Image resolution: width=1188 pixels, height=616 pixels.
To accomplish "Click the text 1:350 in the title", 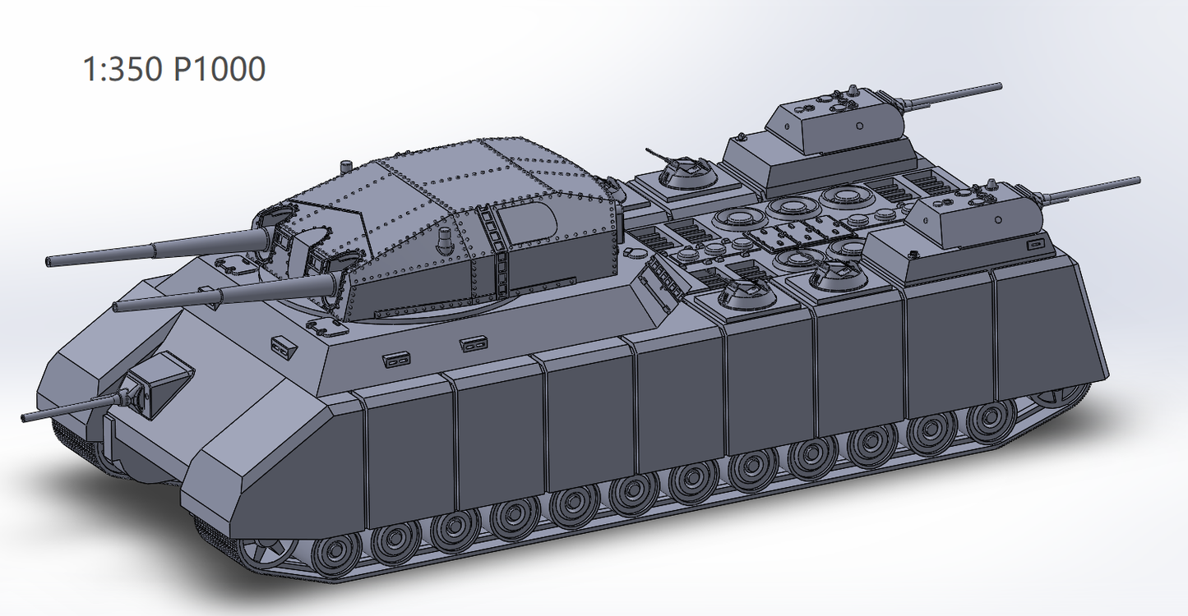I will [x=123, y=69].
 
